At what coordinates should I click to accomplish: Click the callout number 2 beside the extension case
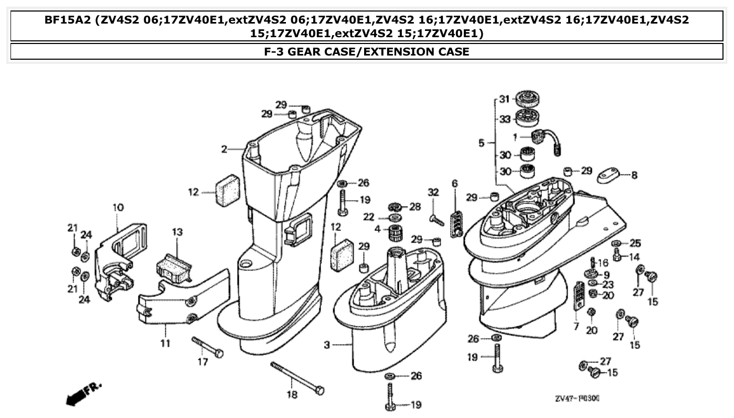224,149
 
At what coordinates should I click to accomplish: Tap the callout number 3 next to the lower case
327,345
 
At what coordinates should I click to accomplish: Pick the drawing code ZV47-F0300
577,399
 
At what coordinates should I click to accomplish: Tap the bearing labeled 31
528,99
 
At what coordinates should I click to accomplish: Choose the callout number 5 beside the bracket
482,142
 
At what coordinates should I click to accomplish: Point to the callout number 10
118,207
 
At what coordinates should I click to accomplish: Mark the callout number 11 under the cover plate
165,344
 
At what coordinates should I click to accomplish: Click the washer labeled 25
617,244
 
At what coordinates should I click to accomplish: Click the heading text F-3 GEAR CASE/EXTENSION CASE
367,51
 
